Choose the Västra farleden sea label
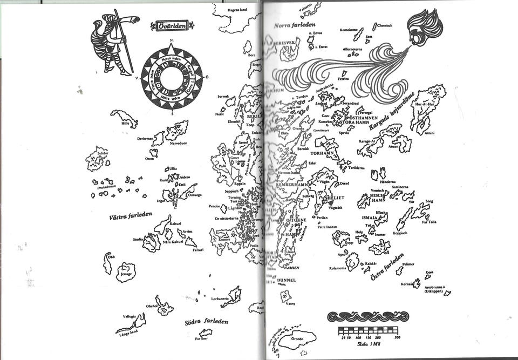(x=131, y=216)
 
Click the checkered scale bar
(x=369, y=330)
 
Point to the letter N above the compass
(x=171, y=41)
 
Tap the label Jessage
(x=126, y=274)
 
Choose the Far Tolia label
(x=430, y=221)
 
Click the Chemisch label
(x=385, y=25)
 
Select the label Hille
(x=125, y=124)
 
